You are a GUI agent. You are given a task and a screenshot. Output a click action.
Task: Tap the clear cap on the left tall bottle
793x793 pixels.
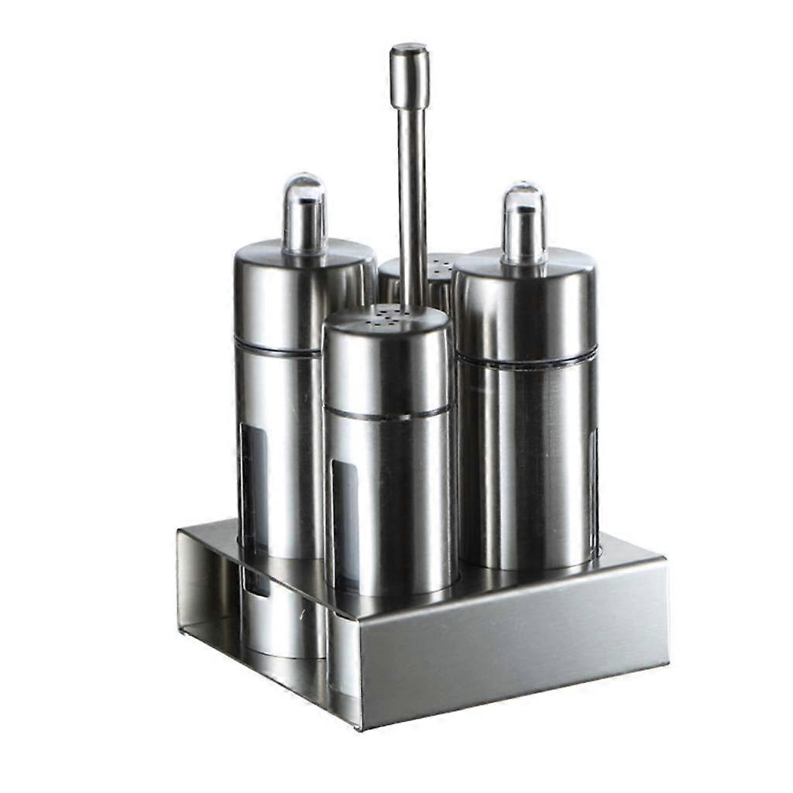pos(304,213)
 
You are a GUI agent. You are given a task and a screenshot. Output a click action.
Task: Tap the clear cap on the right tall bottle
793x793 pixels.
pos(524,224)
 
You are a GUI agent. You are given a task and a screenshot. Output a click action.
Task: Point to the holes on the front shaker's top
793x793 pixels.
pos(386,315)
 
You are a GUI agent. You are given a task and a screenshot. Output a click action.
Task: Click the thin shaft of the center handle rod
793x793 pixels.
pos(412,201)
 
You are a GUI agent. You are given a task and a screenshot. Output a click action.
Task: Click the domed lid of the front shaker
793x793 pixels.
pos(387,356)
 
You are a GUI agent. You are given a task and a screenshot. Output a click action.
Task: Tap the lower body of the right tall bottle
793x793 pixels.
pos(527,465)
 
